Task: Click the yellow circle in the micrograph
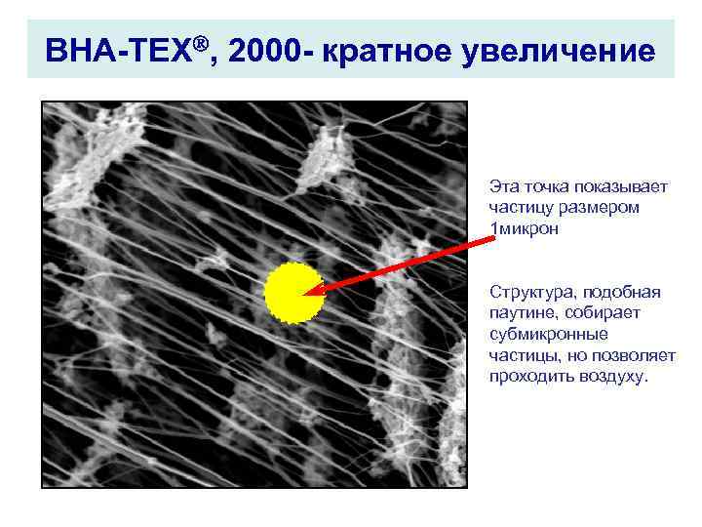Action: [293, 292]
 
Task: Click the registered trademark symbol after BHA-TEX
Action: [202, 42]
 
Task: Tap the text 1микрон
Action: [526, 228]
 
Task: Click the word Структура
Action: [530, 292]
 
